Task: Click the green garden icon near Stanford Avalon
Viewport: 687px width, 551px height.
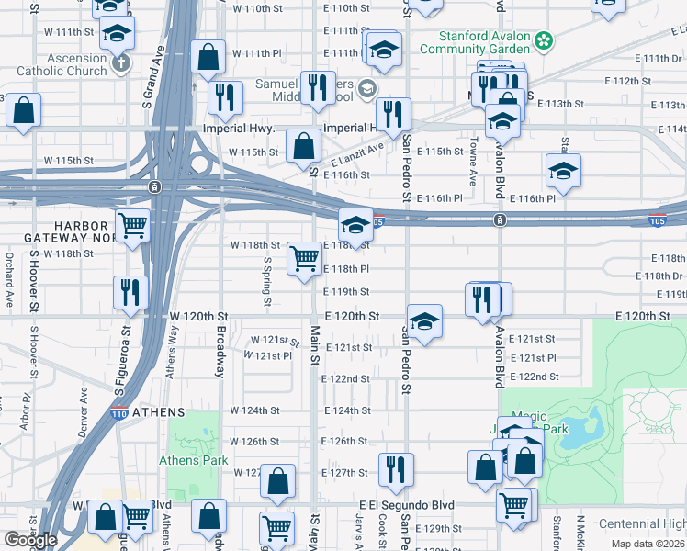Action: [545, 40]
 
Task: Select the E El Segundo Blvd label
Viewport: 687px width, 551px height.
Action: [407, 505]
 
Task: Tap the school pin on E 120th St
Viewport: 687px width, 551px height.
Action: [424, 322]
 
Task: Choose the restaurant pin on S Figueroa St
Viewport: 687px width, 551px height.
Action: [131, 292]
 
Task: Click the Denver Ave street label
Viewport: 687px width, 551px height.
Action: [84, 405]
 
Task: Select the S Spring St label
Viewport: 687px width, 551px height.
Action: [267, 281]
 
